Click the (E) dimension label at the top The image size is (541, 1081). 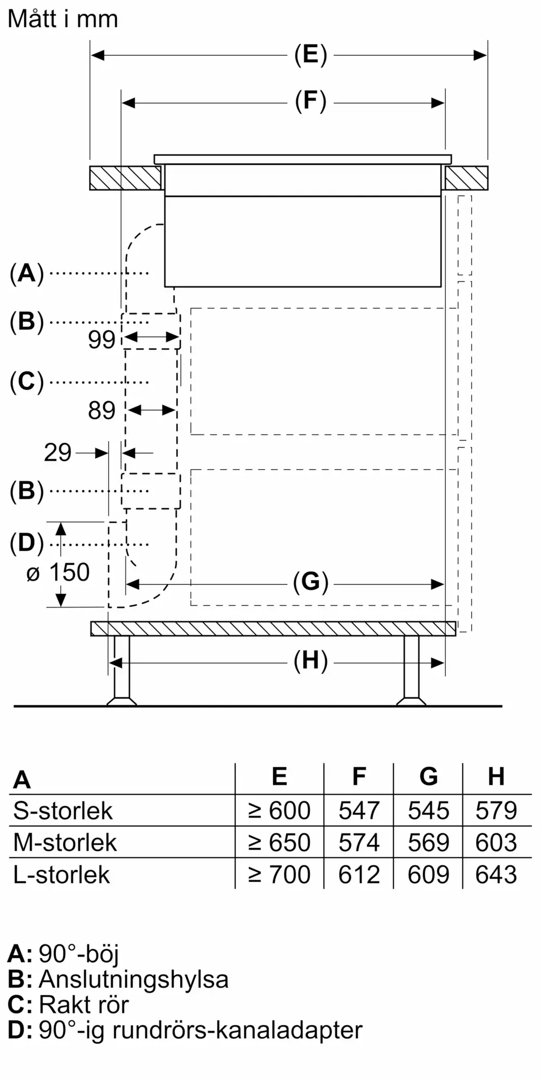(311, 55)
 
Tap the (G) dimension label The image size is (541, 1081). (311, 583)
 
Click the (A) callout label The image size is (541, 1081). (27, 273)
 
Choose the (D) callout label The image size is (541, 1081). (27, 544)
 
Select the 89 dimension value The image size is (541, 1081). (102, 411)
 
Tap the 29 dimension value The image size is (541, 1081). (58, 453)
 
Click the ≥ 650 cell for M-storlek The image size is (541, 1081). (279, 843)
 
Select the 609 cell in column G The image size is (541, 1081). (428, 875)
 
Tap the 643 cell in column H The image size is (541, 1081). (496, 875)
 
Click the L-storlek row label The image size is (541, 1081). (62, 875)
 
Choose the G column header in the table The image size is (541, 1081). (428, 777)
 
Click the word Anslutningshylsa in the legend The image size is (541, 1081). (134, 979)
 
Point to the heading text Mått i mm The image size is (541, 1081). (63, 19)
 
